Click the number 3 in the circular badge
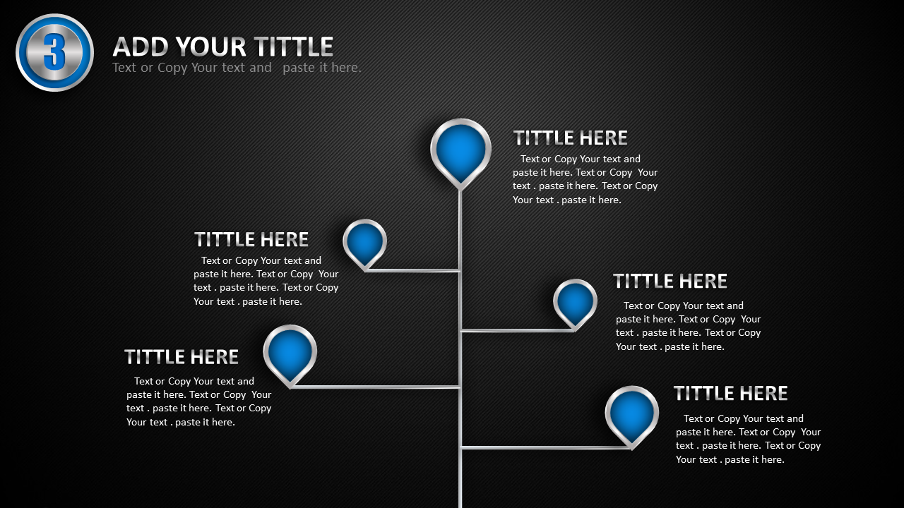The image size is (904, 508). (54, 52)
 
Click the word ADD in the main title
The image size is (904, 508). (140, 47)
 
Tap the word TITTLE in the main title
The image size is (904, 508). (293, 47)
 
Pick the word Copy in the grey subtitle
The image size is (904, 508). (172, 68)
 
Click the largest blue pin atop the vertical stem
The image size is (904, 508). (460, 152)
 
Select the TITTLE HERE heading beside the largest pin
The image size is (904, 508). (570, 138)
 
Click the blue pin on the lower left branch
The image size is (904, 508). (290, 354)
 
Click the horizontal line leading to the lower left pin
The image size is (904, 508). (375, 387)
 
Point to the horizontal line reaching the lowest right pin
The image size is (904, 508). (546, 447)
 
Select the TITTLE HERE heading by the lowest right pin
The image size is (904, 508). (730, 394)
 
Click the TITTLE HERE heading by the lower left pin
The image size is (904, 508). (182, 357)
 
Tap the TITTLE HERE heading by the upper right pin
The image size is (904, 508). (670, 281)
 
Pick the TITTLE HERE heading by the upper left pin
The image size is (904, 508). (251, 239)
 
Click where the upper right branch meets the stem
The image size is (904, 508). (460, 331)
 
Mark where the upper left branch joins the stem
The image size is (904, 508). (460, 270)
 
